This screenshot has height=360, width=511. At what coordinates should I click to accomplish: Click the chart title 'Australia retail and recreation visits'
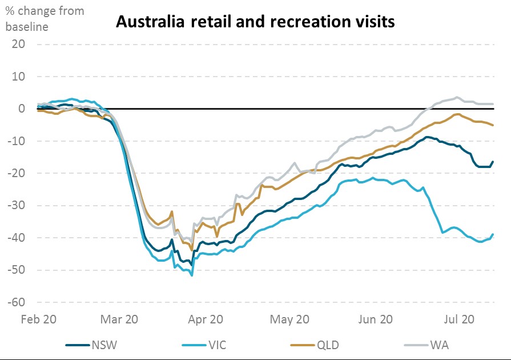point(254,22)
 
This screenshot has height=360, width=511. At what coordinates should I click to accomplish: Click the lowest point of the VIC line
point(192,275)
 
